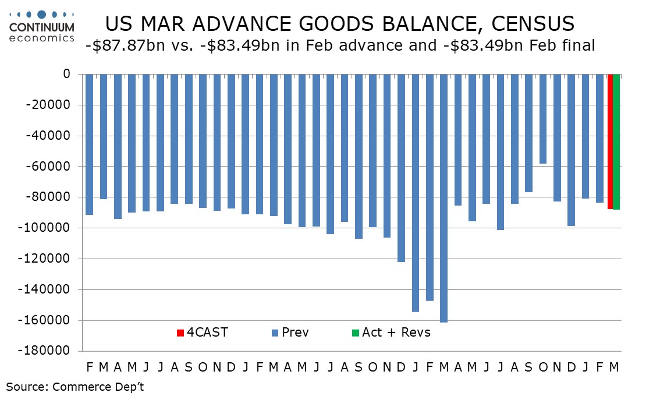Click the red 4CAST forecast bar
[610, 142]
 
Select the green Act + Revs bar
[616, 142]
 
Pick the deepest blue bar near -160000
[444, 198]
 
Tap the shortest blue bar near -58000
[543, 119]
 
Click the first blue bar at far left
[89, 144]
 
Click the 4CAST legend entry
[202, 333]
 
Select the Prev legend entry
[290, 333]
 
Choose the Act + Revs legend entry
[391, 333]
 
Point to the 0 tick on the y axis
[66, 75]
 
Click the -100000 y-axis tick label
[49, 228]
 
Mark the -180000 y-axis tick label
[49, 351]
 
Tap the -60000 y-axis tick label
[52, 167]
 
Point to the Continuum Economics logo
[41, 27]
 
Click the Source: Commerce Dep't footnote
[75, 386]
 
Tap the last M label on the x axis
[614, 367]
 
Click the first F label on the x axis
[90, 367]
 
